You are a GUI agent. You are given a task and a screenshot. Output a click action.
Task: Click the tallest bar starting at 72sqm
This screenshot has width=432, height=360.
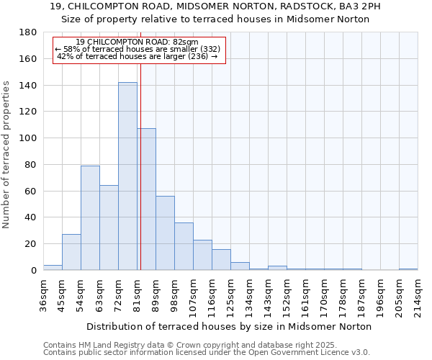click(x=127, y=176)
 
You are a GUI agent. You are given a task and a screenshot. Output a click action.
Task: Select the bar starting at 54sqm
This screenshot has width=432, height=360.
click(x=90, y=217)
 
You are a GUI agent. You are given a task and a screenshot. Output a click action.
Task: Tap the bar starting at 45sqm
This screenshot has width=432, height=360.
click(x=71, y=252)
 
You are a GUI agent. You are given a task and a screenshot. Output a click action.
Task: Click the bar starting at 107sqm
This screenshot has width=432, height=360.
click(x=202, y=255)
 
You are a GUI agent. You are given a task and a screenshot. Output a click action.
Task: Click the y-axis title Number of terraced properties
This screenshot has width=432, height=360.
click(x=7, y=154)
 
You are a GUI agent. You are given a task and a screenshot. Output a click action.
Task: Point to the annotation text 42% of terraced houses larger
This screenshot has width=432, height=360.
click(x=137, y=56)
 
